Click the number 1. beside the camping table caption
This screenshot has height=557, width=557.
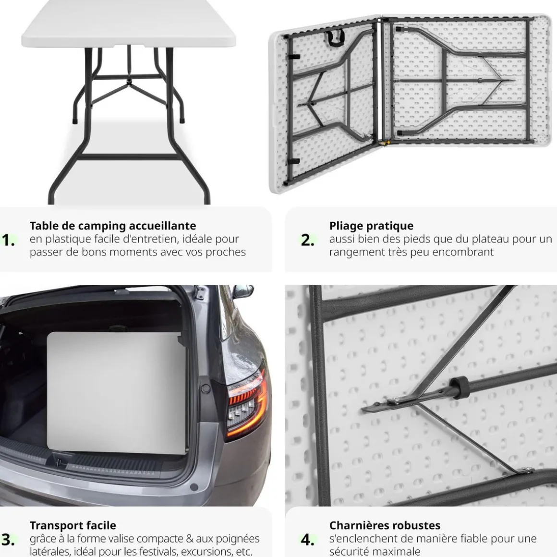pyautogui.click(x=8, y=240)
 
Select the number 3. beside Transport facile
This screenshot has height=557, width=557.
pyautogui.click(x=8, y=540)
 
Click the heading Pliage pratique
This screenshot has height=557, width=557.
pyautogui.click(x=371, y=226)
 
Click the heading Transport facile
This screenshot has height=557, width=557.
pyautogui.click(x=73, y=525)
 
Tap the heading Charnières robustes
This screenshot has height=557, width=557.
pyautogui.click(x=385, y=525)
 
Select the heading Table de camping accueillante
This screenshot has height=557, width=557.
pyautogui.click(x=113, y=226)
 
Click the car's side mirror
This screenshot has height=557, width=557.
pyautogui.click(x=243, y=291)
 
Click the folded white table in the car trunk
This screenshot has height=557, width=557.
pyautogui.click(x=117, y=392)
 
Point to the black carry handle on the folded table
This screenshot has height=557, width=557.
pyautogui.click(x=335, y=38)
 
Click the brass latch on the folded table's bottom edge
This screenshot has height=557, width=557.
pyautogui.click(x=384, y=143)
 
